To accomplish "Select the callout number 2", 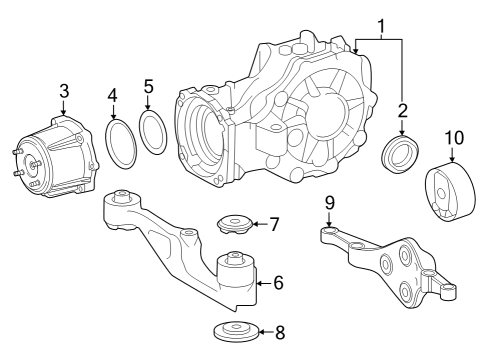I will (x=403, y=111).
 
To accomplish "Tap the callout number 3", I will (x=63, y=92).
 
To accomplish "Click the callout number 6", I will (x=278, y=283).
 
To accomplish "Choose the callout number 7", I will (x=273, y=224).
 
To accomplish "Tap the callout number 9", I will (x=328, y=205).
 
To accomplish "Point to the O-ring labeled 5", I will (x=152, y=134).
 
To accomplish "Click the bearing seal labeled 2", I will (x=401, y=154).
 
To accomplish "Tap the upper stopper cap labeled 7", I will (x=234, y=224).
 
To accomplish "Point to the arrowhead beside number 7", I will (x=254, y=224).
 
